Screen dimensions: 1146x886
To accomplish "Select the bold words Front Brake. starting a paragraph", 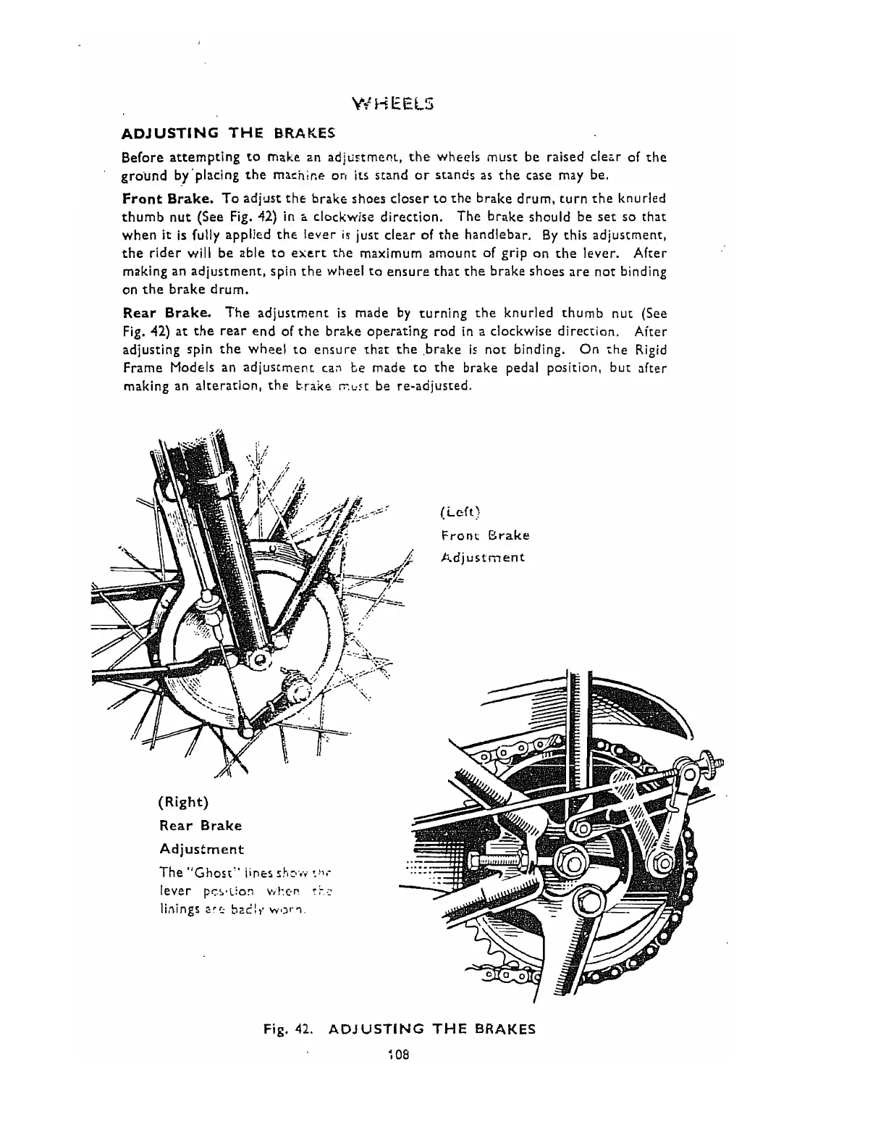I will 160,198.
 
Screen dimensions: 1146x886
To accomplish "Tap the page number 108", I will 399,1055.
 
